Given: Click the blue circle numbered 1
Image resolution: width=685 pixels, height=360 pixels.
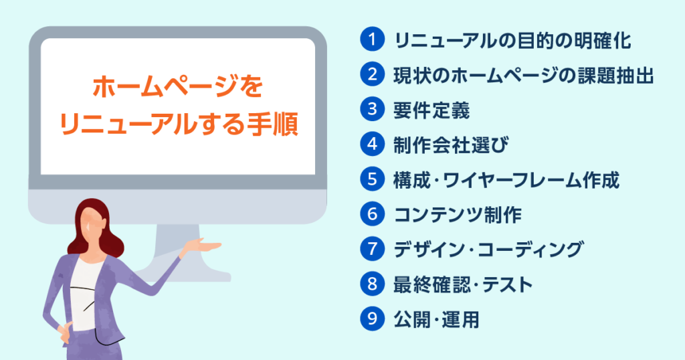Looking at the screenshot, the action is point(372,39).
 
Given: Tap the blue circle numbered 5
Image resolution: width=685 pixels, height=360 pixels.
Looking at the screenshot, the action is point(372,179).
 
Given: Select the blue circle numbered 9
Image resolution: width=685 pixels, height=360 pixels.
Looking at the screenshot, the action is point(372,319).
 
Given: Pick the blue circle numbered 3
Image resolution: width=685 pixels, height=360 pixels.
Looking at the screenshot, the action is point(372,109).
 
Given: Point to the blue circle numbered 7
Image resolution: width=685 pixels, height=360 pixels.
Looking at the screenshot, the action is point(372,249).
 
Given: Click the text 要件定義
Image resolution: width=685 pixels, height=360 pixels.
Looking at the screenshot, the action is point(431,110).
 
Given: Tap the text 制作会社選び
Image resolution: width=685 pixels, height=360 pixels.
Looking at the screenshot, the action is point(451,145).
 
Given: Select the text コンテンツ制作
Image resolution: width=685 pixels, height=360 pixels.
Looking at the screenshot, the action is point(458,215).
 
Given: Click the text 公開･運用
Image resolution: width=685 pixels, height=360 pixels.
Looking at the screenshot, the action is point(436,320).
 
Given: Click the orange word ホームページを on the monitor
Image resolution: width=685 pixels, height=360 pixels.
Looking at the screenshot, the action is point(178,86).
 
